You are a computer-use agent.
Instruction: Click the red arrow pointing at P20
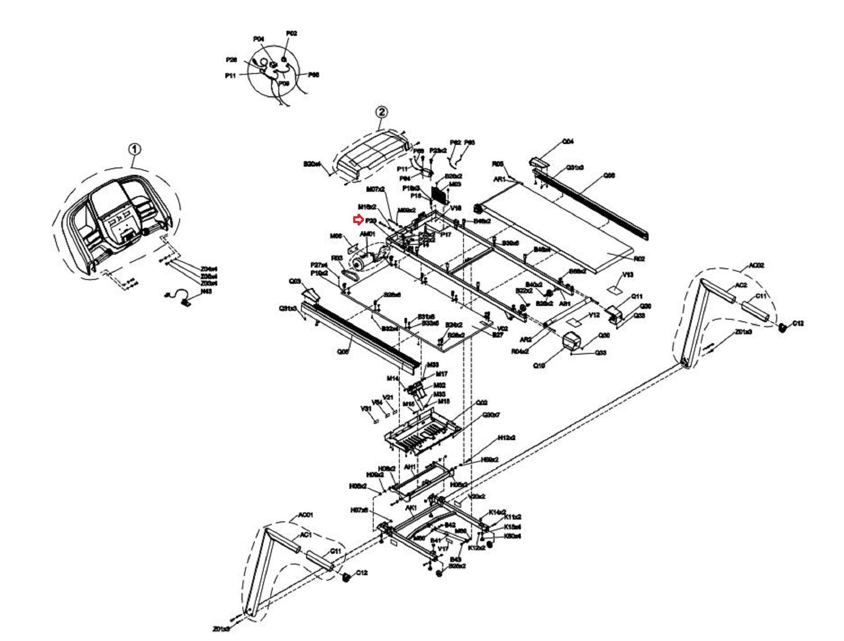[358, 220]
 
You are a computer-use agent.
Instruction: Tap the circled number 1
[135, 150]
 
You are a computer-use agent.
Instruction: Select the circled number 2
[381, 112]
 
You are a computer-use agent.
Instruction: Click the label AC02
[756, 265]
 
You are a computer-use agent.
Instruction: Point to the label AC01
[305, 515]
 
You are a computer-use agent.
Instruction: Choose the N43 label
[206, 291]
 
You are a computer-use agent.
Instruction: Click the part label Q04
[568, 141]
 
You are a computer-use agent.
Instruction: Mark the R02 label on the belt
[639, 259]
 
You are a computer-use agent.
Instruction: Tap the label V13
[627, 275]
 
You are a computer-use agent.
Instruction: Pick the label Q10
[539, 365]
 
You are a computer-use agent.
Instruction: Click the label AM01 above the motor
[368, 234]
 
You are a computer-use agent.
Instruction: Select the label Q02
[481, 403]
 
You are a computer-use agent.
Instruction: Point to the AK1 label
[411, 508]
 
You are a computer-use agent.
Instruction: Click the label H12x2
[507, 438]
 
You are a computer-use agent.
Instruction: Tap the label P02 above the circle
[291, 33]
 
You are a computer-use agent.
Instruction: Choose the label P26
[231, 60]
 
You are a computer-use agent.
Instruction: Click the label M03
[455, 184]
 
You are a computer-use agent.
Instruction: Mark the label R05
[497, 164]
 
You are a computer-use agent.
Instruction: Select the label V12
[594, 315]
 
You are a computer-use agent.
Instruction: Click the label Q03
[295, 281]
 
